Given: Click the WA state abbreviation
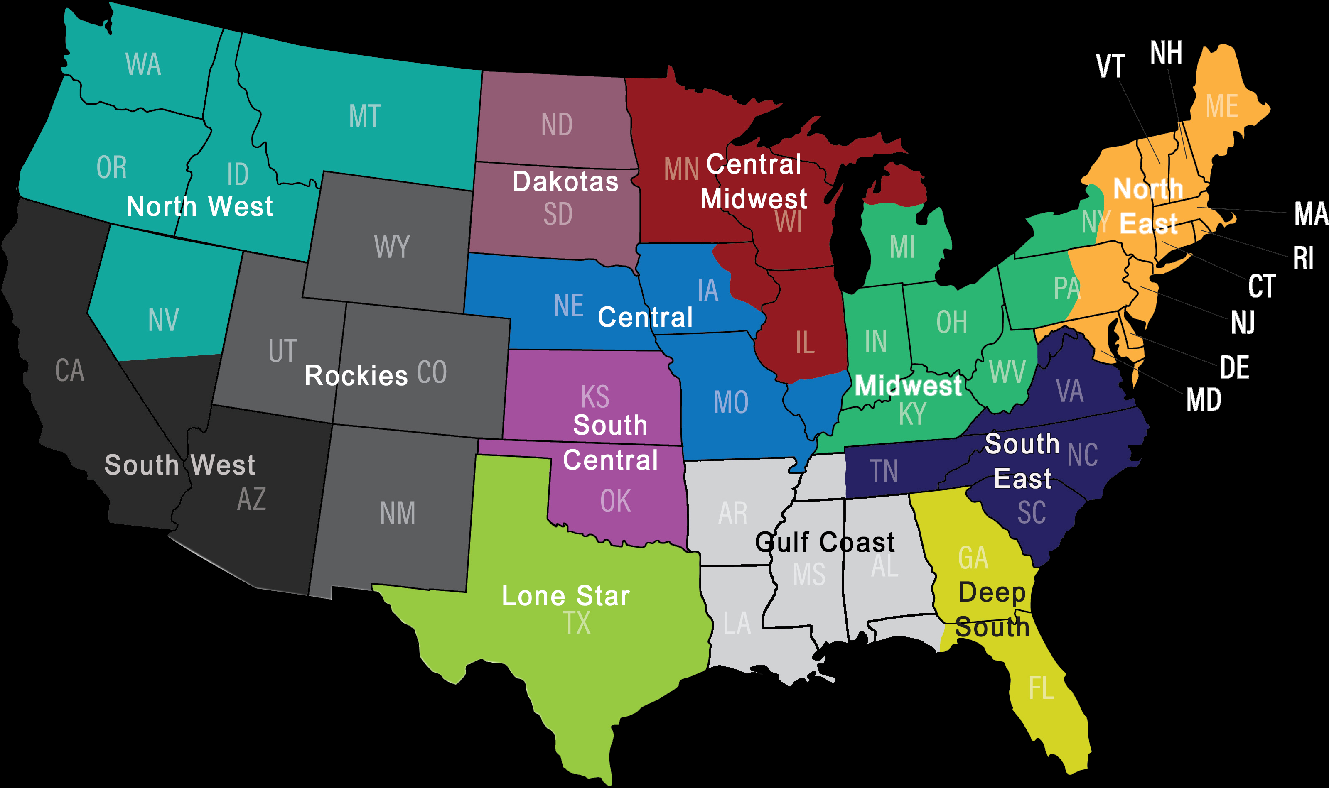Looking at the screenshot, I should (x=143, y=65).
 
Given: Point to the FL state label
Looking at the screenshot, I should (x=1041, y=689).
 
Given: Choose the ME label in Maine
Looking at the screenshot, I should (x=1222, y=106).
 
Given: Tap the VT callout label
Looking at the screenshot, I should (x=1110, y=66).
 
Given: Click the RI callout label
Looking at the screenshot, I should (x=1303, y=259).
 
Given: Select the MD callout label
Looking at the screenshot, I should (x=1204, y=400).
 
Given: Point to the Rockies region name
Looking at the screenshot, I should (x=356, y=376).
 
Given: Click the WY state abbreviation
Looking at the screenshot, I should (x=392, y=247).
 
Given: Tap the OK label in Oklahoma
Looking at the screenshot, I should (x=616, y=501).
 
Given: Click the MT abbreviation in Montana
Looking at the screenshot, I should (x=365, y=116).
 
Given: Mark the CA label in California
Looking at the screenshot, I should (x=69, y=371).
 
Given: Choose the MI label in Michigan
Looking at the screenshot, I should (x=902, y=247).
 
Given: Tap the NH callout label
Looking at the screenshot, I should (x=1166, y=53).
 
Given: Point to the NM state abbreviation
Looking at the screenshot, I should (x=397, y=514).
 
